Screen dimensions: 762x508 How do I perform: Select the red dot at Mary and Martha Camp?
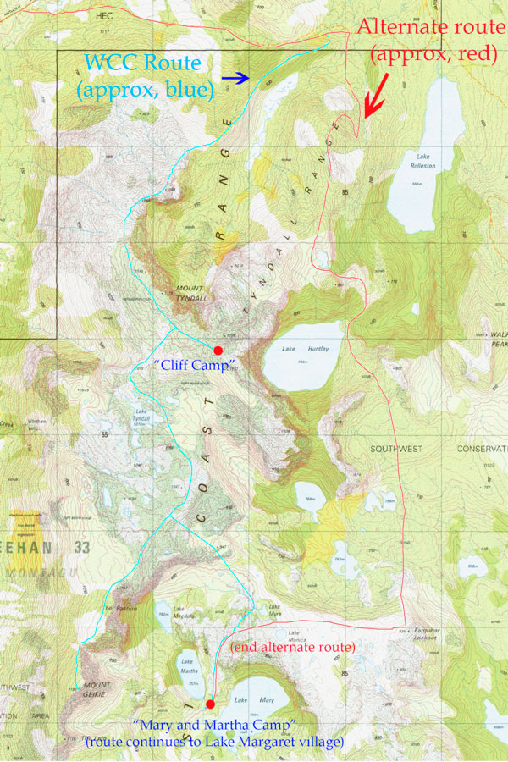click(x=210, y=703)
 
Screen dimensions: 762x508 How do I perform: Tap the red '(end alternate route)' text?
click(x=291, y=648)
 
